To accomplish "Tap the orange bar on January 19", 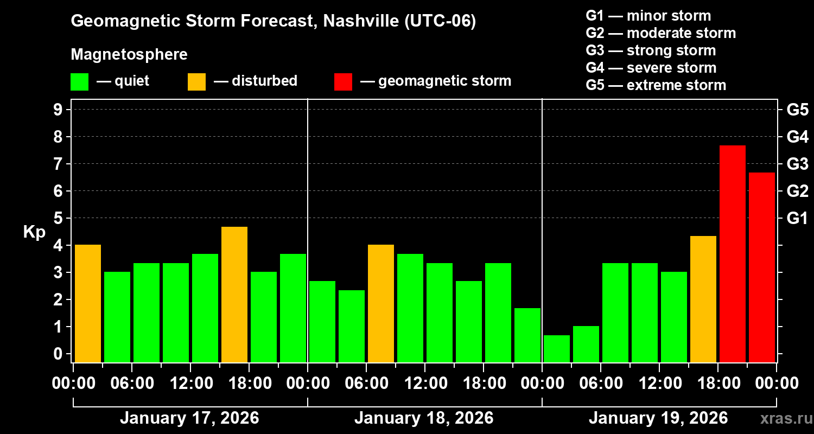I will click(703, 299).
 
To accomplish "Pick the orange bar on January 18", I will click(380, 303).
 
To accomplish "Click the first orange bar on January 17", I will click(87, 303).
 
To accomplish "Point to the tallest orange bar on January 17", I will click(234, 294).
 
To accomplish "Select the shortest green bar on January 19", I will click(556, 348).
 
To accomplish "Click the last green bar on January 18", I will click(527, 335).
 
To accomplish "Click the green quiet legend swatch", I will click(79, 81).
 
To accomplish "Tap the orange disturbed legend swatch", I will click(196, 81).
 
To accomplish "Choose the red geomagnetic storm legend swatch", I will click(343, 81).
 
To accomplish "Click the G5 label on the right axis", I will click(797, 110).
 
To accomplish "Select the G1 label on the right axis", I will click(797, 218).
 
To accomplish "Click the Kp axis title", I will click(34, 232).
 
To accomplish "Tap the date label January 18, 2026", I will click(424, 418).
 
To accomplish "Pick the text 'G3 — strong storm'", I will click(651, 50).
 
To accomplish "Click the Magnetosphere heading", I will click(129, 55).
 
